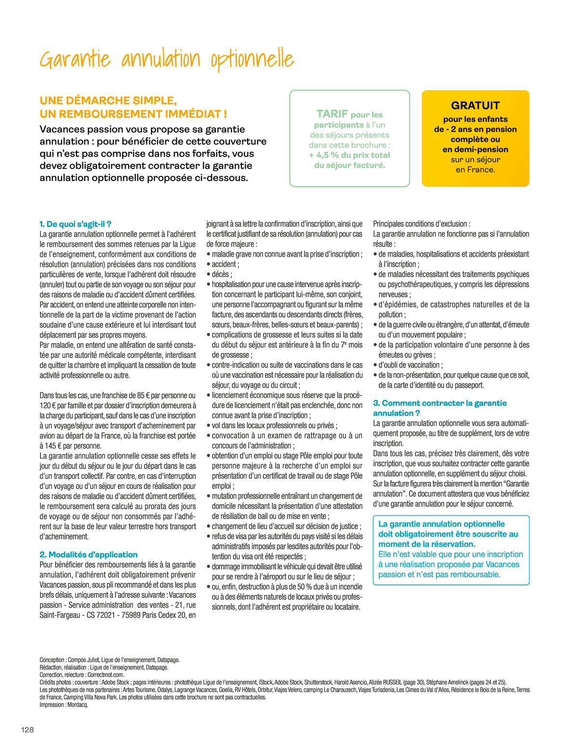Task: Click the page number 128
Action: click(27, 729)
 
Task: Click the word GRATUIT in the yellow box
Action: click(475, 106)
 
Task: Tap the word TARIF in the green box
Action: click(332, 114)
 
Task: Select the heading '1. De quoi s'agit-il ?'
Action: click(75, 224)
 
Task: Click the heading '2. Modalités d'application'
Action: click(88, 555)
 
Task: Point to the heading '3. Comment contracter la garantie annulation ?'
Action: click(439, 408)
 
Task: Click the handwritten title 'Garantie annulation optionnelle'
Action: click(166, 60)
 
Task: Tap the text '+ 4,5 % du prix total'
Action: click(349, 155)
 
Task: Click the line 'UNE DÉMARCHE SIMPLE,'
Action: click(108, 101)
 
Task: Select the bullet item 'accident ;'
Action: click(225, 264)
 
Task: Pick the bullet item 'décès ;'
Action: click(222, 274)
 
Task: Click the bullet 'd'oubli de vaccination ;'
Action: click(410, 365)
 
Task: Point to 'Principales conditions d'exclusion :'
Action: click(422, 224)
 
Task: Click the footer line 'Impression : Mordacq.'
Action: click(64, 704)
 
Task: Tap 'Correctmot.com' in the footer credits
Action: click(106, 675)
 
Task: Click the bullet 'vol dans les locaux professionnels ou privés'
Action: click(274, 425)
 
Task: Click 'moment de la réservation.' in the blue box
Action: click(426, 544)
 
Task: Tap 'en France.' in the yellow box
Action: click(475, 170)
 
